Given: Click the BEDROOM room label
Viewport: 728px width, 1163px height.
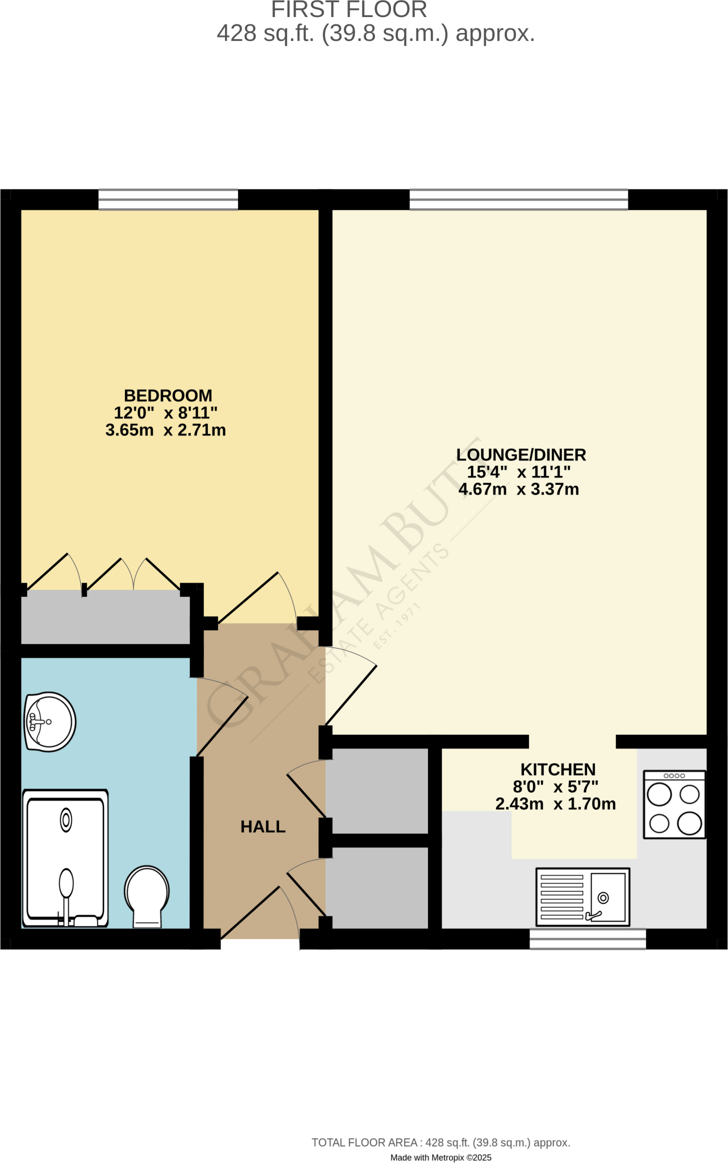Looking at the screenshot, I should [168, 396].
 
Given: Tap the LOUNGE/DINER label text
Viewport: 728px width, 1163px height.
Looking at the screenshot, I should [521, 455].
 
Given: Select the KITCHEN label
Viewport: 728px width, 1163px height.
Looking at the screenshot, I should [558, 769].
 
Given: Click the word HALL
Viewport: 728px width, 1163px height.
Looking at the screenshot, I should [263, 827].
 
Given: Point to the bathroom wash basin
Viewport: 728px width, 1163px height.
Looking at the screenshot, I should [50, 722].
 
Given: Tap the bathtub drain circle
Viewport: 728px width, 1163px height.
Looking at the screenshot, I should [66, 821].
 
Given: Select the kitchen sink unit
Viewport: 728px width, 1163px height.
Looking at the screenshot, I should [583, 897].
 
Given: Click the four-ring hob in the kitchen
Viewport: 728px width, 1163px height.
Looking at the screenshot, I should [674, 804].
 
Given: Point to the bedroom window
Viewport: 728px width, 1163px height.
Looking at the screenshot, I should [168, 199].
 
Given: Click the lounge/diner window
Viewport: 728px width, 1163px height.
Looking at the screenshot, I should [518, 199].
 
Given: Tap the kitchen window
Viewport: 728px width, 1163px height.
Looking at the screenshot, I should [588, 939].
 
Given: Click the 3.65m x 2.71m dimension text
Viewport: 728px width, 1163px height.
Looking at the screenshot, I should [165, 430].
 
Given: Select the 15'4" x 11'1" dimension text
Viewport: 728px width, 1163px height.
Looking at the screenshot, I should [518, 472].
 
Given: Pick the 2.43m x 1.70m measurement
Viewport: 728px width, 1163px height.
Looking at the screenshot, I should [555, 804].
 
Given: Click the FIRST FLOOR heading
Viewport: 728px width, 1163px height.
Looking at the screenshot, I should [349, 10].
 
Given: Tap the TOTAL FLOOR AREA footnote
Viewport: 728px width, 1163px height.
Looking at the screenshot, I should [440, 1143].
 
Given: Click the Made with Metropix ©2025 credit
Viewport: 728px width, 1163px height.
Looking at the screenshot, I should [440, 1157].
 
